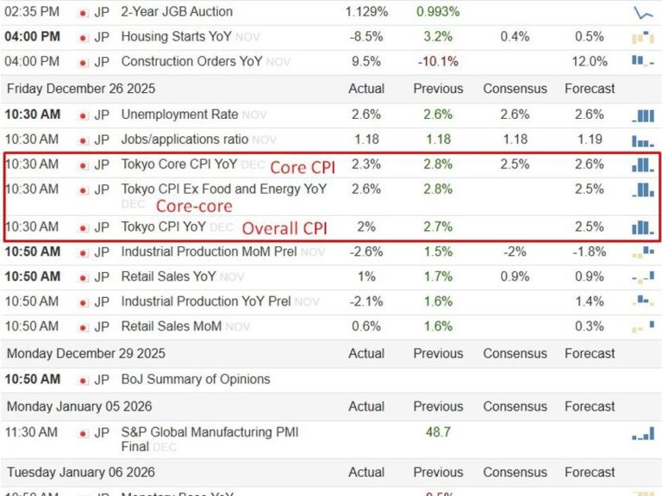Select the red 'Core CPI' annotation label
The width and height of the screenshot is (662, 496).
coord(303,167)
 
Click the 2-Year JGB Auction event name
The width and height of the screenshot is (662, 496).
coord(177,12)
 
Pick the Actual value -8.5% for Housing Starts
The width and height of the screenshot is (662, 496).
coord(365,37)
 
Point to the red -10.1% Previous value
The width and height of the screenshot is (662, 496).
coord(438,62)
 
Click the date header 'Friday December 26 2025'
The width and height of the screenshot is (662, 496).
coord(86,89)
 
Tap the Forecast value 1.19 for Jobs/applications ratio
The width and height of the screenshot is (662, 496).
coord(590,139)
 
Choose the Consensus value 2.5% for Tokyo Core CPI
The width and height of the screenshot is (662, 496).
coord(515,164)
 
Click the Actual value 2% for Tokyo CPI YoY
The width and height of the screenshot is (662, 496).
coord(365,226)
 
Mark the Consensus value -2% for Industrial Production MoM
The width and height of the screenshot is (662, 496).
coord(515,251)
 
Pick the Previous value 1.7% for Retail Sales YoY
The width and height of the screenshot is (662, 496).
coord(438,276)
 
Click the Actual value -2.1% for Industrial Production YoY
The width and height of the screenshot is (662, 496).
coord(365,301)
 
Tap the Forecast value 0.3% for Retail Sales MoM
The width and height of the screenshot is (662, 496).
coord(590,326)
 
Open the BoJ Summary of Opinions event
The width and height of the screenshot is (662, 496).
coord(196,380)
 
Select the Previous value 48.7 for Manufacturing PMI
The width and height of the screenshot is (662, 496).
coord(438,432)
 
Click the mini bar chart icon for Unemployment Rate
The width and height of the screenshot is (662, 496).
coord(643,115)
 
